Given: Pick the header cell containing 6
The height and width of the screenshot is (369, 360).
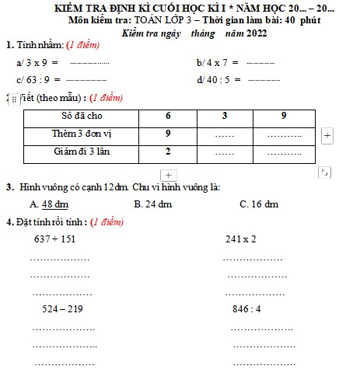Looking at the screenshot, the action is [x=168, y=116].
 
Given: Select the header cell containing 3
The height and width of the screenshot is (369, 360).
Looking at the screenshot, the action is [x=224, y=116].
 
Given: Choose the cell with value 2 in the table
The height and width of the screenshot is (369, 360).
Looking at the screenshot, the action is [x=168, y=152].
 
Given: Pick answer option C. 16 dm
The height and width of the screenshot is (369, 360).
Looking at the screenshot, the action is [x=259, y=204].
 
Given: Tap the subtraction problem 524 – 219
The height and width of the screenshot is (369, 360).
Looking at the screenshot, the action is [x=61, y=309].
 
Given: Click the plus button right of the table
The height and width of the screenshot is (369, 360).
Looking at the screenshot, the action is [x=327, y=135].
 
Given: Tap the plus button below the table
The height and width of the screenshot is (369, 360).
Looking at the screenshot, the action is [x=169, y=174].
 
